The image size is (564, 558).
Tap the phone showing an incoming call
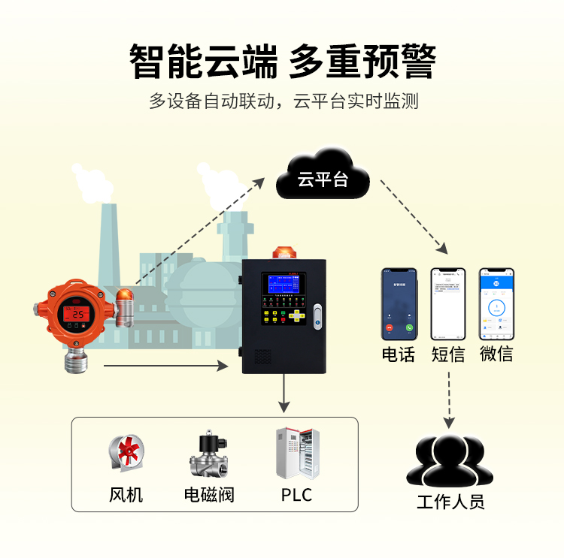(x=399, y=304)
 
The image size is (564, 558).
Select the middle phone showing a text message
(x=448, y=304)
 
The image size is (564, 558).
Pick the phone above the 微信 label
(x=496, y=304)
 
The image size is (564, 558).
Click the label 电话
(x=399, y=354)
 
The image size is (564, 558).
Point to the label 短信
(x=448, y=354)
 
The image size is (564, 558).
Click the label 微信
(x=496, y=354)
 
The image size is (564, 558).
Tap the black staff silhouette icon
(x=450, y=460)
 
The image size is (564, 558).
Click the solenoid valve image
(x=209, y=455)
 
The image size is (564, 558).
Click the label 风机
(x=126, y=495)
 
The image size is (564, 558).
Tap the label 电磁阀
(x=209, y=495)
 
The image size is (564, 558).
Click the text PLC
(x=296, y=495)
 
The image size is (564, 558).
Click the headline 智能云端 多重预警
(x=282, y=61)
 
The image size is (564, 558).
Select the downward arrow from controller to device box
(x=284, y=394)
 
